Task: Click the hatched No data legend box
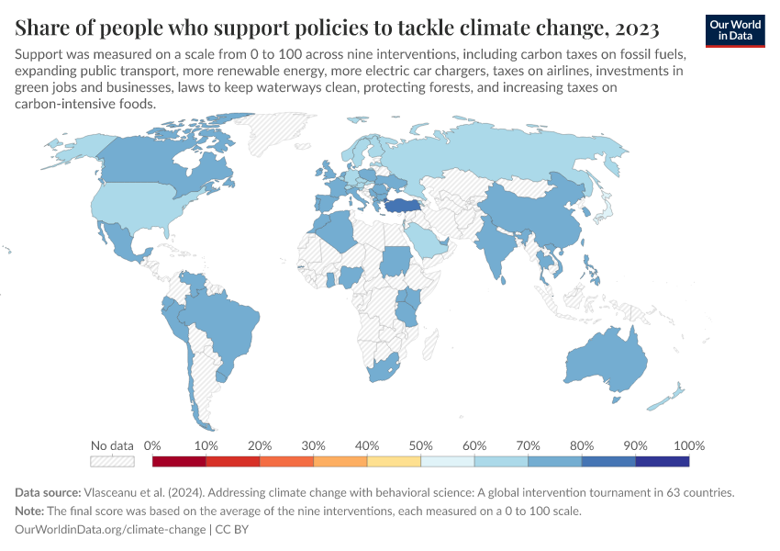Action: [x=113, y=461]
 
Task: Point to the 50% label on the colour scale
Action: [x=420, y=445]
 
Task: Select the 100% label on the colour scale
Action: [x=688, y=445]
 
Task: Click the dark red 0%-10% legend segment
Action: [x=180, y=461]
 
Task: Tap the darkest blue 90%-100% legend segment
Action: [x=662, y=461]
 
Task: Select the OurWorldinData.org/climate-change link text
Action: [x=111, y=530]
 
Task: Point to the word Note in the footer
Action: [x=31, y=511]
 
